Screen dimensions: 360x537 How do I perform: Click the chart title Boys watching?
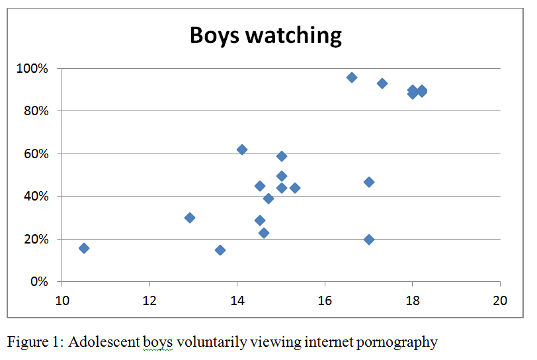point(266,34)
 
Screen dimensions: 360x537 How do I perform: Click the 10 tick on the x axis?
point(62,299)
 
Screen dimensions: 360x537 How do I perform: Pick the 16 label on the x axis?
point(325,299)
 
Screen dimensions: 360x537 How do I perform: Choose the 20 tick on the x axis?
point(500,299)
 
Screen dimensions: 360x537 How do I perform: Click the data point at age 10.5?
point(84,248)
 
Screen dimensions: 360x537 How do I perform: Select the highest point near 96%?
point(352,77)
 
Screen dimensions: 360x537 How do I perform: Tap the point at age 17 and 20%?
point(369,240)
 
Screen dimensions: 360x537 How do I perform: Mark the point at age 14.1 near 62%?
point(242,150)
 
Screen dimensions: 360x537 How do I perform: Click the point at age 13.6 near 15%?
point(220,250)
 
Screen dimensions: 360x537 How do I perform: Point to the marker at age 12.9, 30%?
point(190,218)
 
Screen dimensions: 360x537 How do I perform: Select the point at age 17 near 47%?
point(369,182)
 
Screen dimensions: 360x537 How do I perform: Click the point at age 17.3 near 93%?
point(382,83)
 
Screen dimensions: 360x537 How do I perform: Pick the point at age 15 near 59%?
point(282,156)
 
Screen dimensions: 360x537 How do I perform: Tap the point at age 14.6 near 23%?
point(264,233)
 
